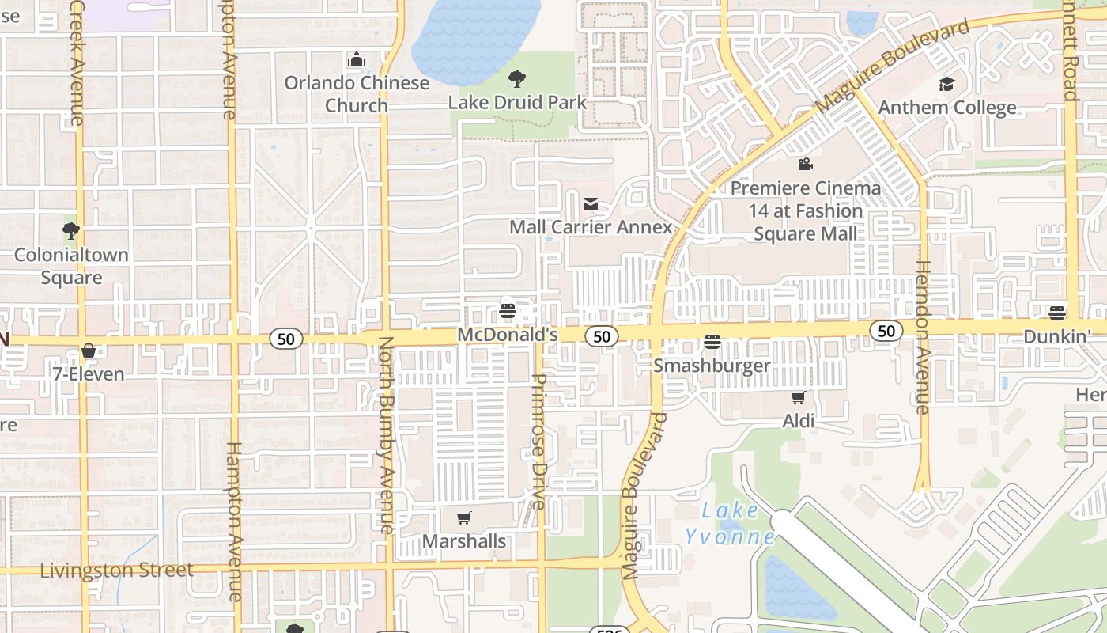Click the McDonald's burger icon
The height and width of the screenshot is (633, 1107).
(508, 310)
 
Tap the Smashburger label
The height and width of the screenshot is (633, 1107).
(712, 366)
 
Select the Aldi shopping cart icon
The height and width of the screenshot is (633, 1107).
(799, 397)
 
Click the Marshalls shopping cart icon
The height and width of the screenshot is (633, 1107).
(464, 518)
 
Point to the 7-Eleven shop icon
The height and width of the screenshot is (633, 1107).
(89, 351)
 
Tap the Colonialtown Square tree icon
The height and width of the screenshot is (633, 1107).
(71, 231)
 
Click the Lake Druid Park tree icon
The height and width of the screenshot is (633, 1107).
(517, 78)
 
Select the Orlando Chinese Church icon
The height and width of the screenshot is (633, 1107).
(357, 59)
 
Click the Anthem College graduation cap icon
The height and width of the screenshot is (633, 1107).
(946, 84)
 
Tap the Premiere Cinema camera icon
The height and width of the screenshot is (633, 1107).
(805, 165)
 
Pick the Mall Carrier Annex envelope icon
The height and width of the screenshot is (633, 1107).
(591, 204)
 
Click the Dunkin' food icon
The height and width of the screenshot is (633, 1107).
(1057, 313)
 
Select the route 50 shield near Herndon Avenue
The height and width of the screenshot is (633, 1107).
(886, 331)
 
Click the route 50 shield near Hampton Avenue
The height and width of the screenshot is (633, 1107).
(286, 339)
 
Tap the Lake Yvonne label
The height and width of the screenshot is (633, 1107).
(730, 523)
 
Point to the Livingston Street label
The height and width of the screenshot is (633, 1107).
(116, 570)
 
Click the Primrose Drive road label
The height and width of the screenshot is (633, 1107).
(538, 441)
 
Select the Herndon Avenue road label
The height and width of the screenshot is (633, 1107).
(922, 337)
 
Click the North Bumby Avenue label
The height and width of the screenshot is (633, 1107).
(386, 435)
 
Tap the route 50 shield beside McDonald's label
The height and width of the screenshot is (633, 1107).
(602, 336)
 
